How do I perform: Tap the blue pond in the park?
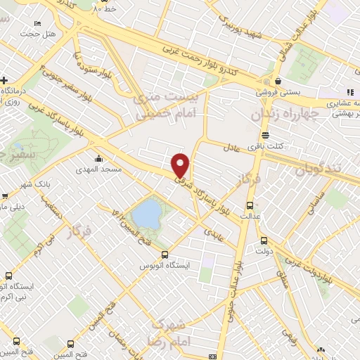click(146, 213)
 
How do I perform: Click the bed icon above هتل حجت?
click(31, 23)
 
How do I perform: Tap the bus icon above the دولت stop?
click(264, 240)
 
